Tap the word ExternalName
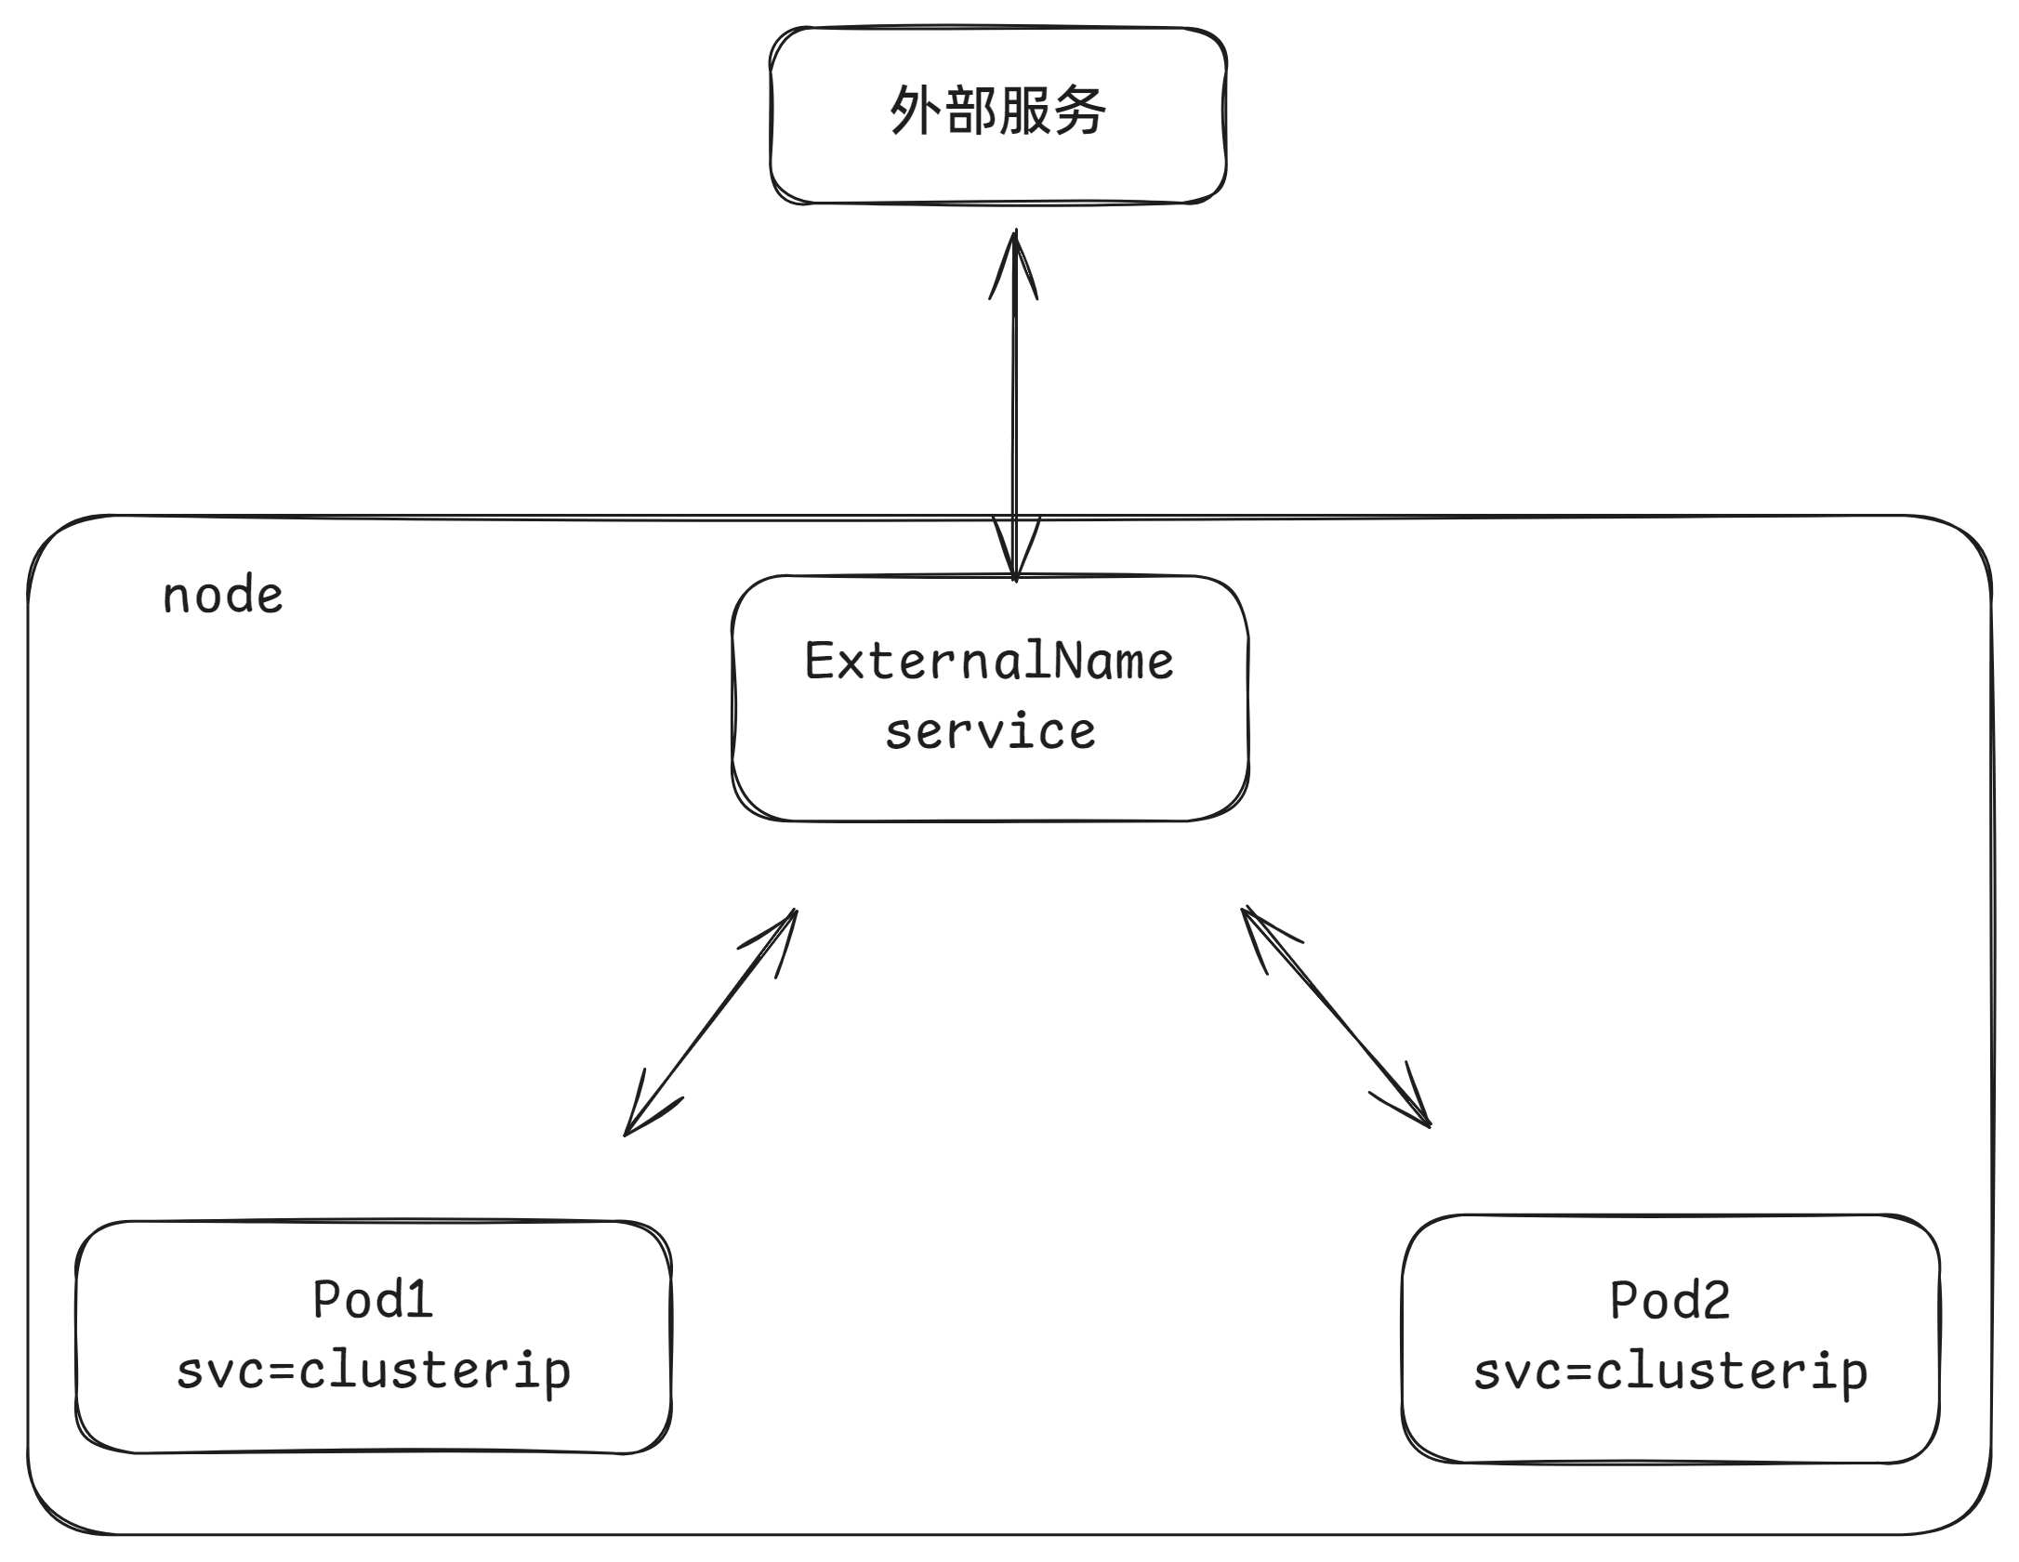(x=989, y=662)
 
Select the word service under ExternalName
(x=990, y=732)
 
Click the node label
(x=222, y=596)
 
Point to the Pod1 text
(x=373, y=1299)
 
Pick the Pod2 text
(x=1669, y=1300)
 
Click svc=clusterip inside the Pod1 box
(x=373, y=1372)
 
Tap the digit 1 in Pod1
(x=420, y=1299)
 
